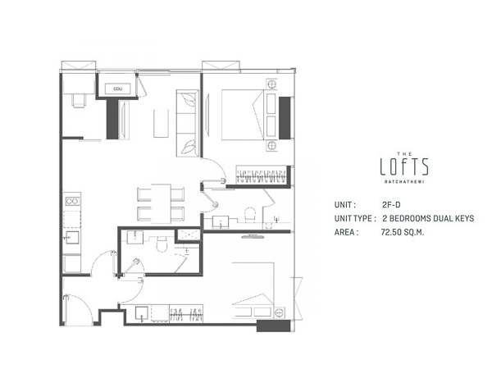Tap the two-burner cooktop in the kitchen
[x=71, y=199]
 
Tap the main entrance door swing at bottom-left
[x=80, y=308]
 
